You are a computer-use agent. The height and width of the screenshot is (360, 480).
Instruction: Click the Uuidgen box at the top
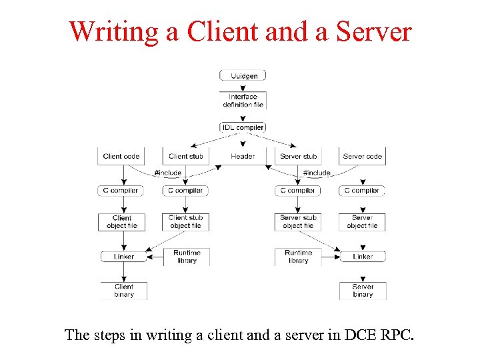[x=243, y=76]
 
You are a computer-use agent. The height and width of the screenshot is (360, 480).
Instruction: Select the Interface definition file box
[x=243, y=101]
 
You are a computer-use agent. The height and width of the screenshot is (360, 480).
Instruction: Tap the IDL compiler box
[x=243, y=127]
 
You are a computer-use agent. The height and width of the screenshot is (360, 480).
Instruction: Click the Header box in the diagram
[x=243, y=157]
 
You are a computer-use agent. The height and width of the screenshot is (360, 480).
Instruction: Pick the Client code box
[x=121, y=157]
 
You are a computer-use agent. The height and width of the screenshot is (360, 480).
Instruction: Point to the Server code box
[x=362, y=157]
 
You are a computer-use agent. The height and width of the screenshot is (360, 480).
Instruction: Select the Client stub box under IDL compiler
[x=186, y=157]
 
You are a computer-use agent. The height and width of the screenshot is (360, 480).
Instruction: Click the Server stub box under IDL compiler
[x=298, y=157]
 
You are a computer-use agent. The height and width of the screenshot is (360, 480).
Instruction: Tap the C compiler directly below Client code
[x=121, y=191]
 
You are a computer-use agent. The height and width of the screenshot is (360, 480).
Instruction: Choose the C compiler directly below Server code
[x=362, y=191]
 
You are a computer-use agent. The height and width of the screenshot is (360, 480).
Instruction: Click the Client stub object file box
[x=186, y=222]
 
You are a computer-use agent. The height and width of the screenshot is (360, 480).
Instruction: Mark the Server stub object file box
[x=298, y=222]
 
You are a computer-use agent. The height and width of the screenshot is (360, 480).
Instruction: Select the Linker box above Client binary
[x=123, y=257]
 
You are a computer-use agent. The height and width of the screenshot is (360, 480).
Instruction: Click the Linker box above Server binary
[x=362, y=257]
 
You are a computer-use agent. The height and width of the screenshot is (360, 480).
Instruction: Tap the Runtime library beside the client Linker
[x=186, y=257]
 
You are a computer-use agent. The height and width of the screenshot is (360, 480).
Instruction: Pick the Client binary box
[x=123, y=291]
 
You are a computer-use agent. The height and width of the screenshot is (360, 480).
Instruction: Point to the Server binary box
[x=363, y=291]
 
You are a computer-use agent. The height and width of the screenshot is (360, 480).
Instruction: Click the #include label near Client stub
[x=167, y=173]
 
